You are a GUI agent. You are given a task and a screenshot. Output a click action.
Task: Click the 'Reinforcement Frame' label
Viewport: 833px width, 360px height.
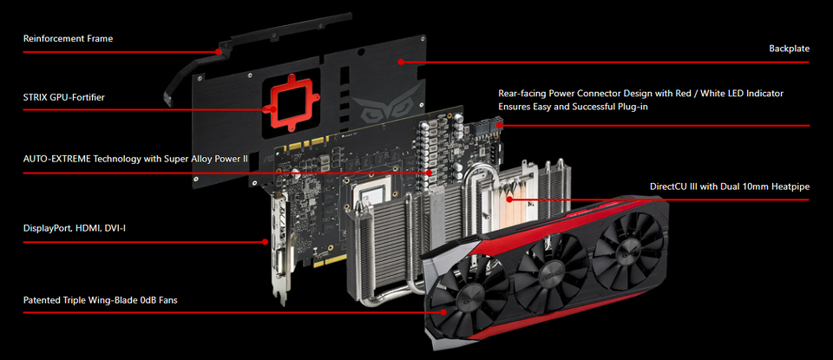tap(68, 39)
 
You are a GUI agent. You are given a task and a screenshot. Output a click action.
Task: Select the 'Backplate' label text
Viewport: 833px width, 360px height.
tap(790, 49)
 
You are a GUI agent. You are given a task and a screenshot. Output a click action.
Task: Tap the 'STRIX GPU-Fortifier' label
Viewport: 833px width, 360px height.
tap(63, 97)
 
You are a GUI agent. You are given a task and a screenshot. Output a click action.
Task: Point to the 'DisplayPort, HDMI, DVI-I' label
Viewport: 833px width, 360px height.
tap(75, 229)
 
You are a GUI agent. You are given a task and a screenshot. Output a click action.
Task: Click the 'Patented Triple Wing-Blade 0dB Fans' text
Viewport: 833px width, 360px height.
tap(101, 300)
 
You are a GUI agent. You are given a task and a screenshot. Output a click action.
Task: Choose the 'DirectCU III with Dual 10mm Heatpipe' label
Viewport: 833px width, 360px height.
tap(734, 187)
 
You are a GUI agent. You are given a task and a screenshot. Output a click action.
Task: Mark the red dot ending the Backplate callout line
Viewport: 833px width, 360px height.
tap(401, 62)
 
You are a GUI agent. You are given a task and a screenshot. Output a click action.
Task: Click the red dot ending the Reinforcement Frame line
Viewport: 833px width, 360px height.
tap(218, 51)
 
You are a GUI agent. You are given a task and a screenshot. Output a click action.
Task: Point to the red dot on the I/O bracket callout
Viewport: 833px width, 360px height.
tap(266, 242)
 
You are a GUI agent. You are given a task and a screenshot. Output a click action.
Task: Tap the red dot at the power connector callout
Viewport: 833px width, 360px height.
tap(502, 125)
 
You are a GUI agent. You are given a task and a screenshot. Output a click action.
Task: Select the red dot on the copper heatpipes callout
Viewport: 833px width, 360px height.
tap(509, 200)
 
